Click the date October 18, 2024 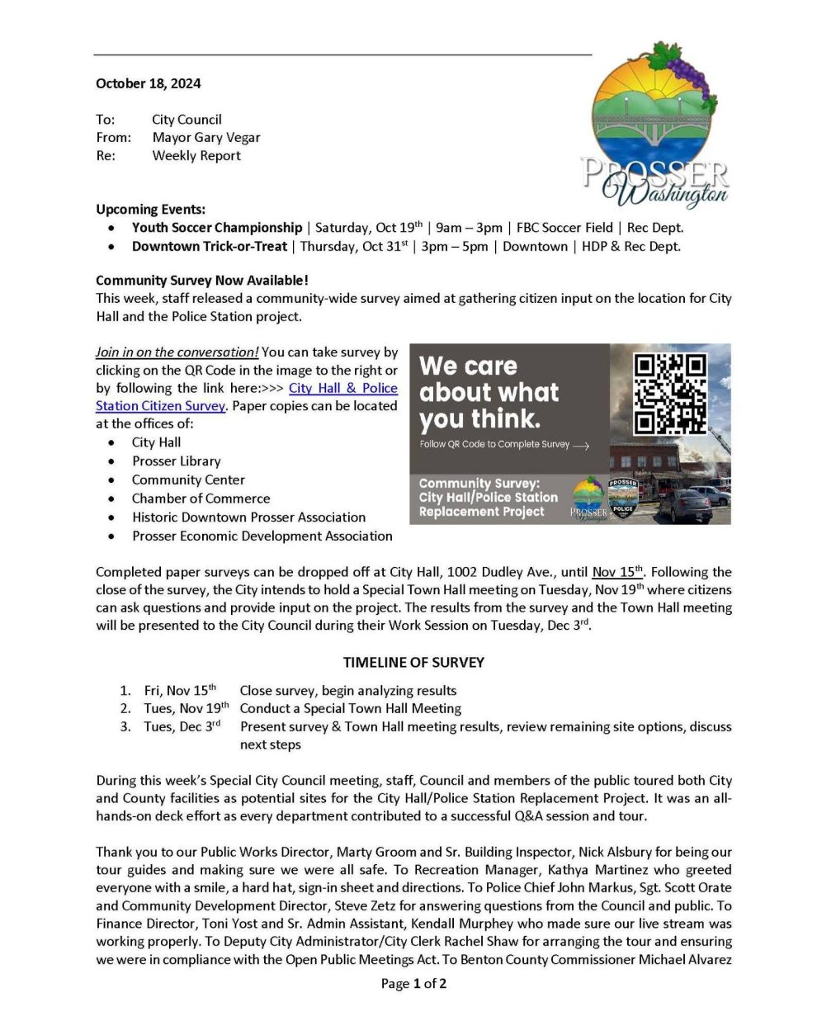coord(148,83)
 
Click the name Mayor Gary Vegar coord(205,137)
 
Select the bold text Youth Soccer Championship coord(217,227)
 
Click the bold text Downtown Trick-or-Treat coord(210,246)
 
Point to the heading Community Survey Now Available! coord(202,281)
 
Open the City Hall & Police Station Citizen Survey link coord(342,388)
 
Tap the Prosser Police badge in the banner coord(623,500)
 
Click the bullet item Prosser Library coord(176,461)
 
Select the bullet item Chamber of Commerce coord(201,499)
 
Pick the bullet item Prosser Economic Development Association coord(262,536)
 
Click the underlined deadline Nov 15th coord(617,571)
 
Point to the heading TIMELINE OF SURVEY coord(413,662)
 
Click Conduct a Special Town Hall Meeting coord(350,708)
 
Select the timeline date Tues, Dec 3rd coord(182,726)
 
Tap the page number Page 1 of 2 coord(413,983)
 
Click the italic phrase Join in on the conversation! coord(177,352)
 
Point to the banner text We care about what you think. coord(489,392)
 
